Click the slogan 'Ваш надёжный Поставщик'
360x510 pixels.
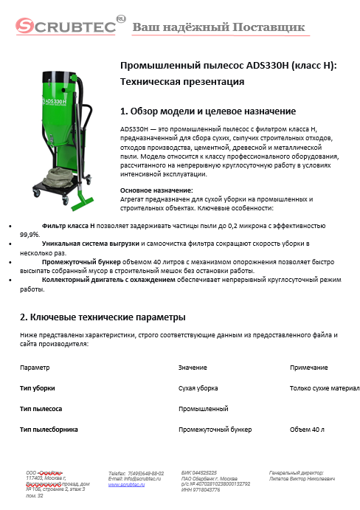[x=218, y=28]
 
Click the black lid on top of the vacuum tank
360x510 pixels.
[x=60, y=76]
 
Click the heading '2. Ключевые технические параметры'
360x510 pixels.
[x=102, y=317]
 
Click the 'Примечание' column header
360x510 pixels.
[x=309, y=367]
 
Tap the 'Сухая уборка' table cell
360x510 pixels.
[x=198, y=387]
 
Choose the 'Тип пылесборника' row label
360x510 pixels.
[x=49, y=429]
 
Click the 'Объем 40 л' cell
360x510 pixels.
[x=308, y=429]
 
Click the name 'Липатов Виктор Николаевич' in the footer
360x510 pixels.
[x=302, y=479]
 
